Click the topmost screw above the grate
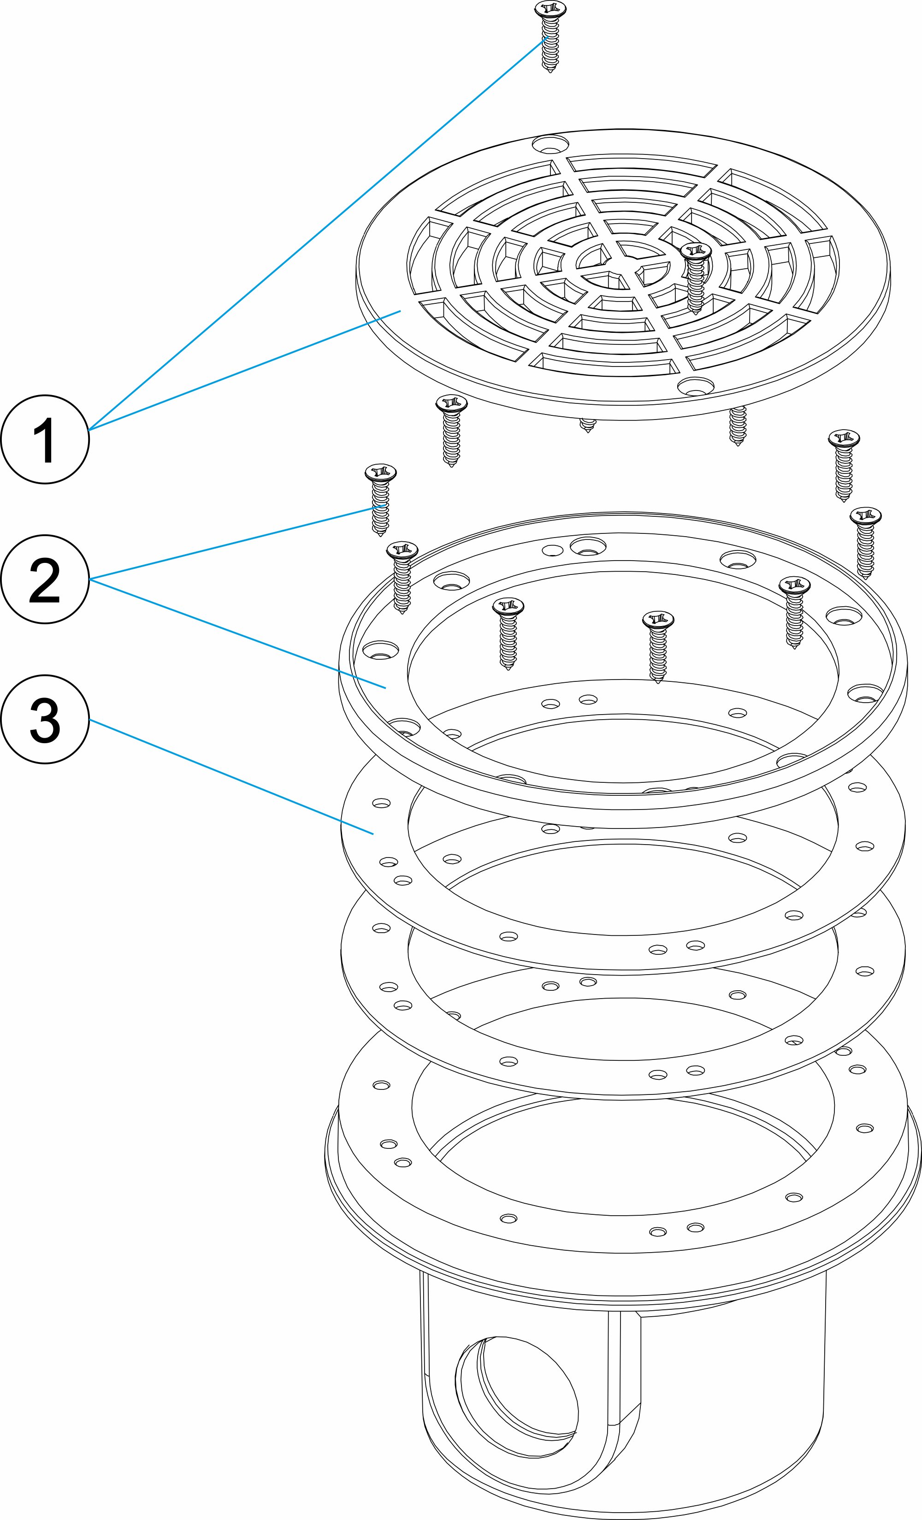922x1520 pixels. [550, 37]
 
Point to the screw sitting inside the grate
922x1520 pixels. [696, 278]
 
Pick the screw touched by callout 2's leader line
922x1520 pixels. [380, 500]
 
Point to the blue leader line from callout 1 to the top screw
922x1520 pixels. [317, 232]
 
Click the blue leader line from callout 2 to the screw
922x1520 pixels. [238, 542]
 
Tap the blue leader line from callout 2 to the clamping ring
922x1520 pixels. [238, 633]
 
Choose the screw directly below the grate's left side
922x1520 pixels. [451, 431]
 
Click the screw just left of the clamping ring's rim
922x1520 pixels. [402, 577]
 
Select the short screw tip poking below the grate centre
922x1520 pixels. [587, 426]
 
